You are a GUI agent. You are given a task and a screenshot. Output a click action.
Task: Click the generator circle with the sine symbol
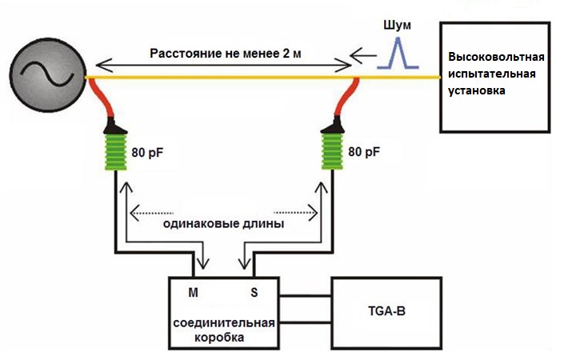pyautogui.click(x=47, y=75)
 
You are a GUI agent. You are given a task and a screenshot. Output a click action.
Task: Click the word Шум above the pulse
pyautogui.click(x=397, y=25)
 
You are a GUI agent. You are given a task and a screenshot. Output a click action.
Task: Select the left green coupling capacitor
pyautogui.click(x=116, y=152)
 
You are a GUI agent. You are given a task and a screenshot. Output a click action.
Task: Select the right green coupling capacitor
pyautogui.click(x=332, y=151)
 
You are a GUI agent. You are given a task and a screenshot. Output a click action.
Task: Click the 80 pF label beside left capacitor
pyautogui.click(x=147, y=153)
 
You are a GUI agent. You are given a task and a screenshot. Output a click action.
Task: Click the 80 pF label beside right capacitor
pyautogui.click(x=364, y=152)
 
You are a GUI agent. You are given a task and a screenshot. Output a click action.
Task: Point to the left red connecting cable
pyautogui.click(x=102, y=98)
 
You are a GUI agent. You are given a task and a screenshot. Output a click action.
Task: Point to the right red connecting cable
pyautogui.click(x=345, y=98)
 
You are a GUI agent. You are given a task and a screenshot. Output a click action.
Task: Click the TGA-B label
pyautogui.click(x=386, y=310)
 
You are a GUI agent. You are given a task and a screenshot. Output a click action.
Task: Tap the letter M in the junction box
pyautogui.click(x=193, y=293)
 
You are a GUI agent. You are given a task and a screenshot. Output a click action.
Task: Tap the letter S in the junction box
pyautogui.click(x=254, y=292)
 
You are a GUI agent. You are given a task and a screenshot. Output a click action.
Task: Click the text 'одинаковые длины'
pyautogui.click(x=223, y=224)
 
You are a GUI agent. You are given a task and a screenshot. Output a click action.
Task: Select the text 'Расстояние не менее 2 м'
pyautogui.click(x=226, y=54)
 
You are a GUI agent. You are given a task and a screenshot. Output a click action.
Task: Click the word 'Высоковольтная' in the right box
pyautogui.click(x=496, y=57)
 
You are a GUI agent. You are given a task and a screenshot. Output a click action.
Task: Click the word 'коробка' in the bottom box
pyautogui.click(x=219, y=338)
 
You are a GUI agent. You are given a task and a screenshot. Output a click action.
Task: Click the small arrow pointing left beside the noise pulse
pyautogui.click(x=363, y=55)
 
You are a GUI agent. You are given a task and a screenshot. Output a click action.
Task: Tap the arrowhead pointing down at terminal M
pyautogui.click(x=203, y=264)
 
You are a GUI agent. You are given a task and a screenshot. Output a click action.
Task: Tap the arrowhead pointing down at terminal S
pyautogui.click(x=245, y=264)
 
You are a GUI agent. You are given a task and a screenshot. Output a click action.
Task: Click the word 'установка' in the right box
pyautogui.click(x=476, y=90)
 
